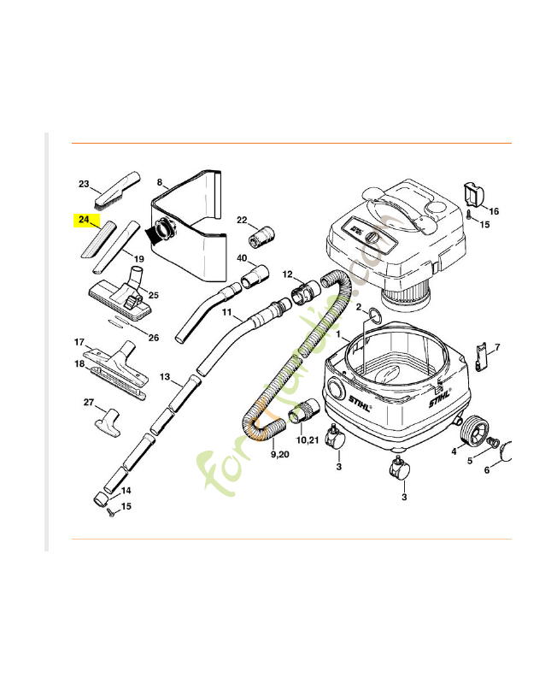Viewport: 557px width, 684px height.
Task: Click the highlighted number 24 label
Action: (x=84, y=220)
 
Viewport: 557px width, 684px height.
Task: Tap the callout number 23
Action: (x=84, y=184)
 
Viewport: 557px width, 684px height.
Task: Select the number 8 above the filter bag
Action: (x=160, y=182)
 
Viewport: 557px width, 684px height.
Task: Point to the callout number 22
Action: (x=242, y=220)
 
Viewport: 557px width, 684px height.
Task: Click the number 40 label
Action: (x=242, y=257)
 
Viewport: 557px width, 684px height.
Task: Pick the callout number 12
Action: (x=288, y=274)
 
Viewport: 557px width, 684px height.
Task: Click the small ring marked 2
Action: (x=372, y=318)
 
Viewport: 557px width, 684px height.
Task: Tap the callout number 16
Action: (x=494, y=211)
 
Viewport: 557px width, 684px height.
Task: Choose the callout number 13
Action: (x=165, y=377)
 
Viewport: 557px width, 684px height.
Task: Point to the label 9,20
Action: (x=279, y=454)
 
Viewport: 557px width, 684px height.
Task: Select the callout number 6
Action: (x=486, y=469)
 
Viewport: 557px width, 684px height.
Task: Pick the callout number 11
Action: (x=227, y=314)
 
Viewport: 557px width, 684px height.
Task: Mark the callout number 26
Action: (x=154, y=338)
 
